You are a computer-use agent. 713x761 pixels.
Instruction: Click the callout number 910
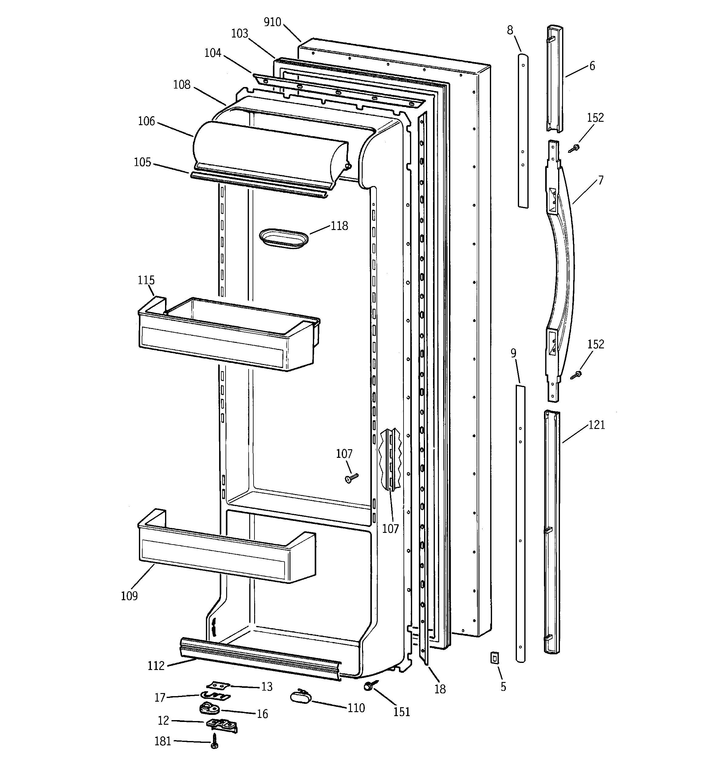(x=273, y=22)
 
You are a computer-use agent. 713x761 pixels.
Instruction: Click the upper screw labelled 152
(x=574, y=149)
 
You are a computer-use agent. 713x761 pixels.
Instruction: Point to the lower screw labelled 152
(x=576, y=375)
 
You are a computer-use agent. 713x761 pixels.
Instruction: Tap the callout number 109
(x=129, y=596)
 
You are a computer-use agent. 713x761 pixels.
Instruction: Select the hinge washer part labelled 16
(x=209, y=708)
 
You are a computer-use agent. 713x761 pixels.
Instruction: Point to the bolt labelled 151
(x=370, y=686)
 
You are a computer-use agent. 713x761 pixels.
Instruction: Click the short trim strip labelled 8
(x=523, y=130)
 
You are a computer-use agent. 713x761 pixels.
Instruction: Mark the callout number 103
(x=240, y=34)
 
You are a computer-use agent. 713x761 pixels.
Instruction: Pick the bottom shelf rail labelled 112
(x=260, y=658)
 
